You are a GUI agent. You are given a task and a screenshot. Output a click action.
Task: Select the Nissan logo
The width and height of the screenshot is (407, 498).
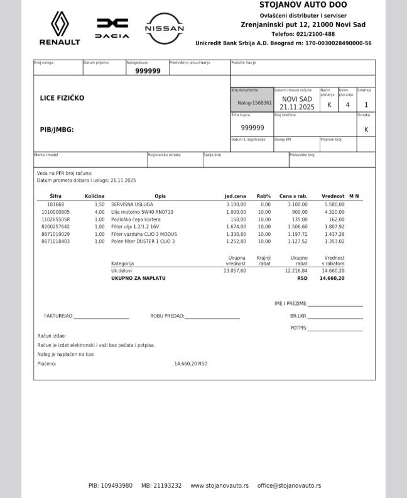pyautogui.click(x=165, y=28)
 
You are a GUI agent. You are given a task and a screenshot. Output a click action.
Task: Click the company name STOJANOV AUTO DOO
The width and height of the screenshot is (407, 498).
pyautogui.click(x=295, y=5)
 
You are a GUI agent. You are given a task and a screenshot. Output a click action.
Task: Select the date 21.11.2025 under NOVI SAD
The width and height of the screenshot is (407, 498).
pyautogui.click(x=297, y=108)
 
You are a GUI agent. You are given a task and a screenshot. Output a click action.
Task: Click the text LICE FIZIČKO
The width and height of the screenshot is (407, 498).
pyautogui.click(x=62, y=98)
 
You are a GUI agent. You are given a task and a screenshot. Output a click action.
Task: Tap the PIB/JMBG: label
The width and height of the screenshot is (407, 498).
pyautogui.click(x=57, y=129)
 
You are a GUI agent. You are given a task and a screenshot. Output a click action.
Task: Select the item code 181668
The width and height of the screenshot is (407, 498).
pyautogui.click(x=55, y=204)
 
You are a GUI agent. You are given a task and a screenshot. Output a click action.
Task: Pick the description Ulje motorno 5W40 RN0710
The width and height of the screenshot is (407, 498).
pyautogui.click(x=142, y=212)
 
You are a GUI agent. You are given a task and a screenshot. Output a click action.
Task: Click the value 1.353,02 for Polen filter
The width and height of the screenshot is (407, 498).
pyautogui.click(x=333, y=241)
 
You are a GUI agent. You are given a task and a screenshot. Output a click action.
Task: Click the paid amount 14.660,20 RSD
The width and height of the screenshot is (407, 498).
pyautogui.click(x=190, y=363)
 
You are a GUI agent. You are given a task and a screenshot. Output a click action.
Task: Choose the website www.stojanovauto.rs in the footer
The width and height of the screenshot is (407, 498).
pyautogui.click(x=219, y=485)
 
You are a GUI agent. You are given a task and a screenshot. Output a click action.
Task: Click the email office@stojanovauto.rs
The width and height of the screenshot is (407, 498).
pyautogui.click(x=289, y=485)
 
